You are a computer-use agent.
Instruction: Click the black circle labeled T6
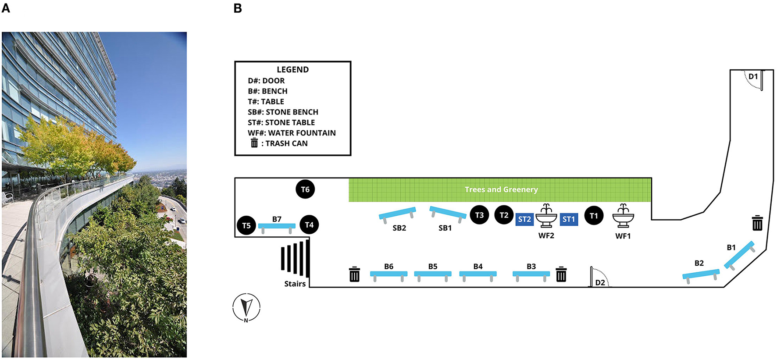point(305,189)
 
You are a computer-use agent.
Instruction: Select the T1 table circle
point(594,216)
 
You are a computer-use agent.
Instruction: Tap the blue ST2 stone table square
point(524,219)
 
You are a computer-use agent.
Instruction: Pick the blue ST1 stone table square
point(569,219)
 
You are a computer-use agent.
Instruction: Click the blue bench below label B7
point(277,227)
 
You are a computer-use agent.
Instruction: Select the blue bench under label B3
point(531,274)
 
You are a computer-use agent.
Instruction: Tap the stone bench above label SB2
point(397,213)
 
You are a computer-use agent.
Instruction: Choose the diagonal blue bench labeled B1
point(739,255)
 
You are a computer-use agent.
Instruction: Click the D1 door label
point(753,77)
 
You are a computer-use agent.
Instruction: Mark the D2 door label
point(600,283)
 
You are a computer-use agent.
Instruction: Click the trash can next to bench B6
point(354,274)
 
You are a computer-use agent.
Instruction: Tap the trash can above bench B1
point(757,223)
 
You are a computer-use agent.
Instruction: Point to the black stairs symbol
point(296,259)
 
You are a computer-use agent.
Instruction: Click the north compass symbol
point(246,307)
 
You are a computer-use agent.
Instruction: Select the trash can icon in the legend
point(254,143)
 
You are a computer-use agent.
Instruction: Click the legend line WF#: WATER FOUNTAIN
point(292,133)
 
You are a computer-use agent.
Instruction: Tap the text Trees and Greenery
point(501,189)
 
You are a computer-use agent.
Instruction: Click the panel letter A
point(6,8)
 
